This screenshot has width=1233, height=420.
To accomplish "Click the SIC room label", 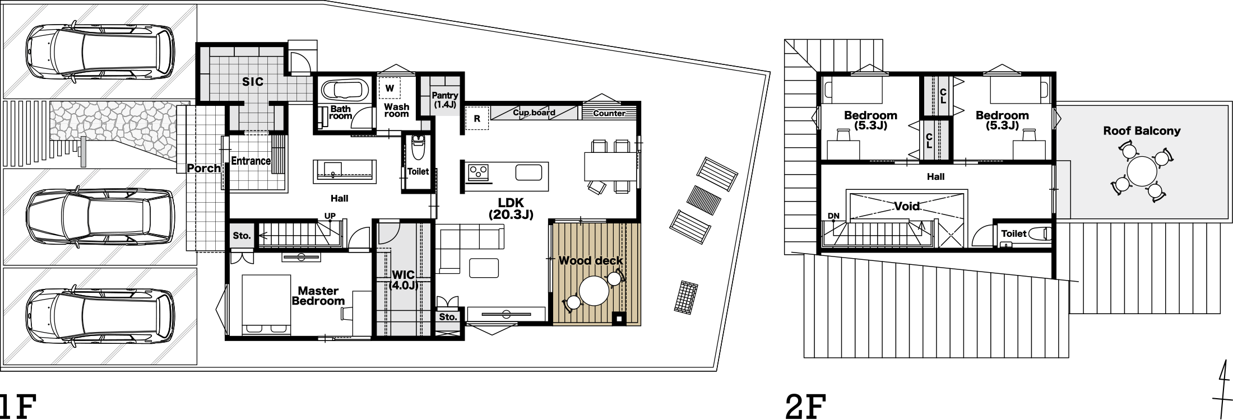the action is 253,82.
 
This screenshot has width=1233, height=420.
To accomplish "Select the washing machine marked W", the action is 390,88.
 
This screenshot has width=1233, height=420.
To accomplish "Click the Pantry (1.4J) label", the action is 445,100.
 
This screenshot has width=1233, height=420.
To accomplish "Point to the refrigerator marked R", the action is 477,119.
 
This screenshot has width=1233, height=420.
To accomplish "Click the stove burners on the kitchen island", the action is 479,172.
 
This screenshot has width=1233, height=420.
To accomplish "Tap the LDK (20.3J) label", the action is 511,208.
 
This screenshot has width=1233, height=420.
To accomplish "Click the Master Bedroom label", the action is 318,296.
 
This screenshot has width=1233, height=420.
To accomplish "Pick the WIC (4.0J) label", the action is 404,280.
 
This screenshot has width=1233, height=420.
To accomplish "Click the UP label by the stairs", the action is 330,216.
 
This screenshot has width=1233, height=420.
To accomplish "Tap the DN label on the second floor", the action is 833,216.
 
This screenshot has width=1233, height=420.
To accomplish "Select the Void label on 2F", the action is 907,206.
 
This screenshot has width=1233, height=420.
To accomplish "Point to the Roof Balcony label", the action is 1142,131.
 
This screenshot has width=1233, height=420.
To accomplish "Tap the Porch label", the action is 203,168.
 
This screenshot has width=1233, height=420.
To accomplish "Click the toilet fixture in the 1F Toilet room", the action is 418,147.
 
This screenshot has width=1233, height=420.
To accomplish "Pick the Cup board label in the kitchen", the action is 534,113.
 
